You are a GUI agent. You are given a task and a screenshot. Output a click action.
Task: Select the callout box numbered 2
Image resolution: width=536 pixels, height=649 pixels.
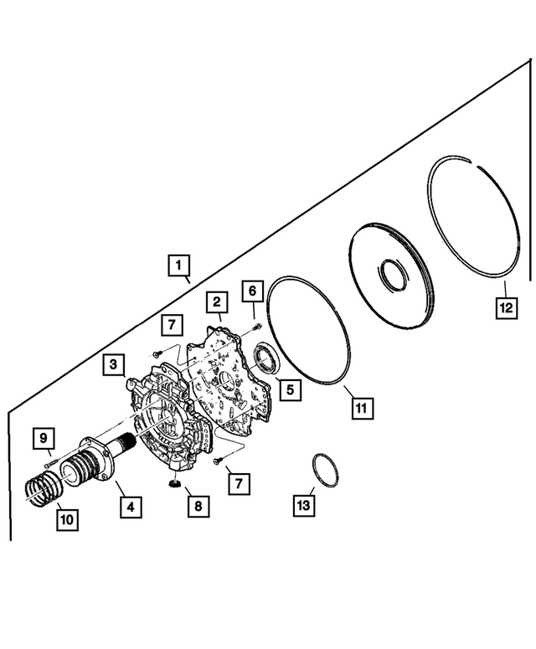[x=216, y=301]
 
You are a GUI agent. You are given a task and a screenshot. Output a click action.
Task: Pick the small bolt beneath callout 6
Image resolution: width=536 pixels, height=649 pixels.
[x=255, y=325]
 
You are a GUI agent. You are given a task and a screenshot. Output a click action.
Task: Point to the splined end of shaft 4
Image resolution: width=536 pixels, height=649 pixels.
[x=128, y=440]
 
